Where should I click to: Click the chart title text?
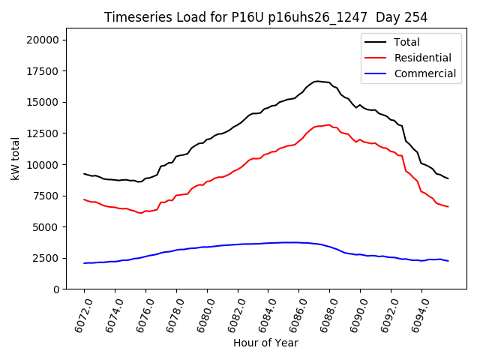[265, 17]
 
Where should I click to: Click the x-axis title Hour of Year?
[265, 343]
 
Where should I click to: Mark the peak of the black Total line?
[316, 81]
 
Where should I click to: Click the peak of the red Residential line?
[328, 124]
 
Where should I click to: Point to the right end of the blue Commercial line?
[448, 261]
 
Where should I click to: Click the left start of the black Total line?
[84, 173]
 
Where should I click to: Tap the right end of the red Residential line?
[448, 206]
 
